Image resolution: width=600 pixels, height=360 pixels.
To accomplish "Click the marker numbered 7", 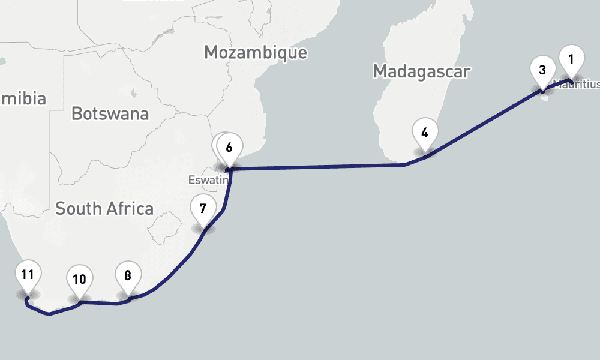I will (x=203, y=209).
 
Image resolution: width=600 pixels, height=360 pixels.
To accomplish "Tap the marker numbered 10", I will (x=79, y=280).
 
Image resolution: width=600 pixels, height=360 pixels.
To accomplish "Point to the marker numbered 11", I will (x=27, y=276).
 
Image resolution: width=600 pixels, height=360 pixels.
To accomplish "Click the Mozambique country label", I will (x=256, y=52).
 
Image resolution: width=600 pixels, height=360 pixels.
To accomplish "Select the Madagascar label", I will (x=421, y=71).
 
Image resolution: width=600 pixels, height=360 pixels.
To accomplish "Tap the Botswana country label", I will (x=110, y=113).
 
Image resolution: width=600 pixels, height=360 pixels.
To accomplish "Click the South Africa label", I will (x=104, y=209).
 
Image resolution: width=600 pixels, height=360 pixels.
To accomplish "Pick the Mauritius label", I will (x=577, y=84).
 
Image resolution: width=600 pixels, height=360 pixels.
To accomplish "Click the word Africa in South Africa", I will (x=128, y=209).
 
